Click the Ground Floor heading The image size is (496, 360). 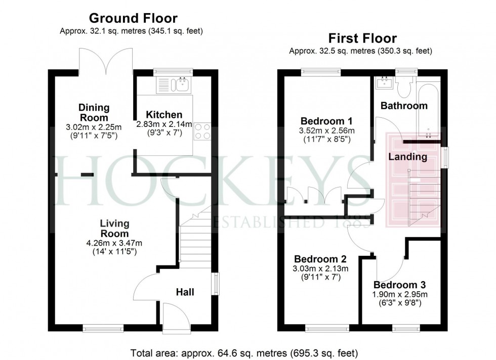[x=133, y=19]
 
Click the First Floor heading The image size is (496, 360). [x=362, y=38]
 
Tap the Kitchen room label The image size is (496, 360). [x=163, y=115]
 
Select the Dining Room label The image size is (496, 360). [x=94, y=112]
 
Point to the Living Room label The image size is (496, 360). [x=114, y=229]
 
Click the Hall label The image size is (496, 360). [x=185, y=292]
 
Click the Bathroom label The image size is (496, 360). [x=404, y=106]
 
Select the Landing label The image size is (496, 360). [x=407, y=157]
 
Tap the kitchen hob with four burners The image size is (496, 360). [x=202, y=132]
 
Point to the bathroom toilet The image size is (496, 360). [x=404, y=89]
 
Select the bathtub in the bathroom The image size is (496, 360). [x=428, y=106]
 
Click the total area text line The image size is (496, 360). [x=244, y=352]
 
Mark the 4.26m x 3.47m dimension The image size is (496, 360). [x=114, y=242]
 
